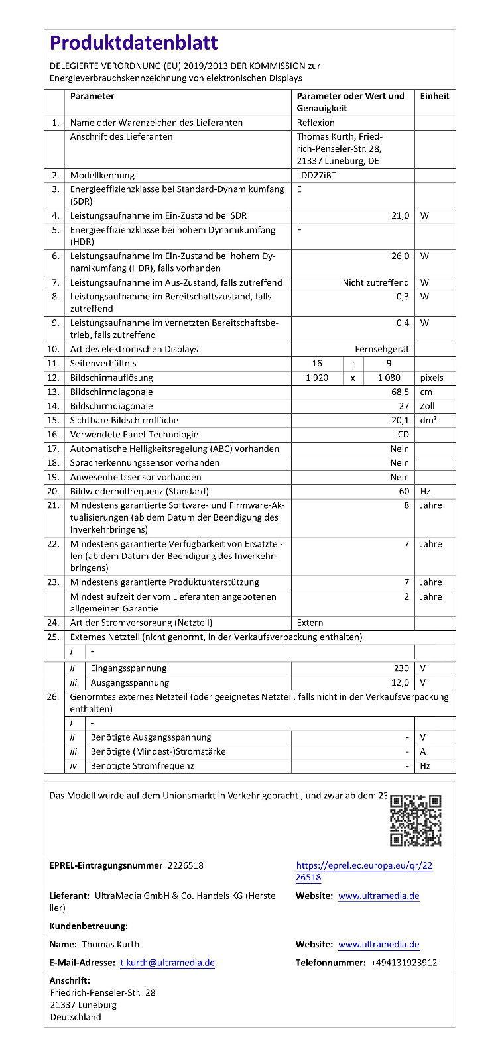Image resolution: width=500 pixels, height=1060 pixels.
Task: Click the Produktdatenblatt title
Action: pos(133,43)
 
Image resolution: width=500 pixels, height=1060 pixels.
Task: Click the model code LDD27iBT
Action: pos(316,176)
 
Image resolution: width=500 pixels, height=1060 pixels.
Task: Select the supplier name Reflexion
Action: pos(316,123)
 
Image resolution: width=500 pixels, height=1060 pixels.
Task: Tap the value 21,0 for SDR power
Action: pos(400,216)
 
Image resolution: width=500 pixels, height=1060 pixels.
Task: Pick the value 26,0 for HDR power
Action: pos(400,256)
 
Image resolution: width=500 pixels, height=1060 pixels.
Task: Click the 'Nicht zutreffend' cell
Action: pos(375,283)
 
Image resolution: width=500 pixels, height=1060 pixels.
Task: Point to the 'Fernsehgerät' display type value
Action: pos(381,350)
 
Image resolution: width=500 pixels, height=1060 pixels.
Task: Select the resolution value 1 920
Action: pos(317,378)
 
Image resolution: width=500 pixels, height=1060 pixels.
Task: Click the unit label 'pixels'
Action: pos(432,378)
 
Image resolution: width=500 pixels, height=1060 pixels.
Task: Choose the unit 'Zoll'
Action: pos(428,407)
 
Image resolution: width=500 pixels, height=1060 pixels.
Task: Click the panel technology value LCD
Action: pos(401,435)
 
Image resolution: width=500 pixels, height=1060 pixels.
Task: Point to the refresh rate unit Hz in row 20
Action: pos(425,492)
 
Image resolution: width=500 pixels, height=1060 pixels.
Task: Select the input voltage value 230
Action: pos(401,668)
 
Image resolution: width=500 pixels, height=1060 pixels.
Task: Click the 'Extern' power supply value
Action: pos(310,623)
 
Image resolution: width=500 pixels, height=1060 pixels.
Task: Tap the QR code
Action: pos(415,820)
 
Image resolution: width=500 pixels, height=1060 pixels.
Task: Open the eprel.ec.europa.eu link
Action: pos(364,871)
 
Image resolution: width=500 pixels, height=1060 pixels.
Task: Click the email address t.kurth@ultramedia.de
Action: pos(167,963)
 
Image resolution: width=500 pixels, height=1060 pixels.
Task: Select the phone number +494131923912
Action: pos(404,963)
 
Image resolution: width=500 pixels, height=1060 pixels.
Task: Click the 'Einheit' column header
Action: pos(434,97)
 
